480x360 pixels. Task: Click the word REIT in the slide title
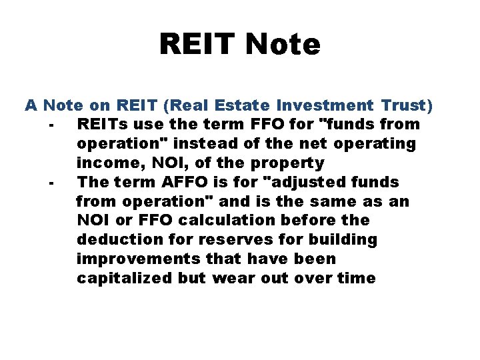pos(199,45)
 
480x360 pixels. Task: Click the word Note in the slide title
pos(283,45)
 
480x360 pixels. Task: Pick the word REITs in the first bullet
pos(102,125)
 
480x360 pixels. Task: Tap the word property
pos(291,163)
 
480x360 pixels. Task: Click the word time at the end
pos(358,279)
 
